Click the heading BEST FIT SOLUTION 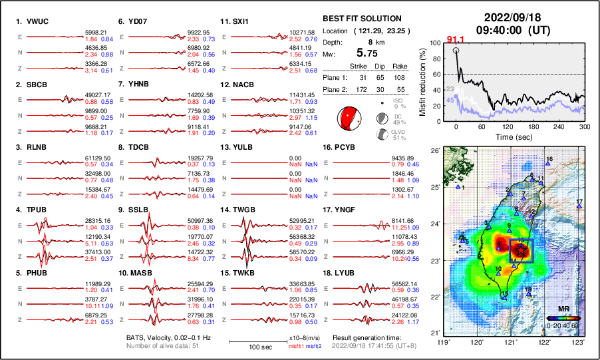(x=361, y=19)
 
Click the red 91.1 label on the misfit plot (x=455, y=40)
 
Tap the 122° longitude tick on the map (x=545, y=342)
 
